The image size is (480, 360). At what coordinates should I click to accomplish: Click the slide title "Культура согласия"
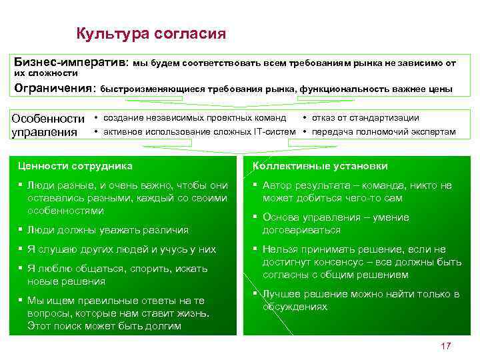151,33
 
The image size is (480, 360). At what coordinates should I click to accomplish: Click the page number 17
446,346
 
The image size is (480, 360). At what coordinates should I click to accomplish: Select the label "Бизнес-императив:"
71,63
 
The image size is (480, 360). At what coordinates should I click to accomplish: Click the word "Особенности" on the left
48,119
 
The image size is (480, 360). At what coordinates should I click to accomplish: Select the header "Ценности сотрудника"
75,166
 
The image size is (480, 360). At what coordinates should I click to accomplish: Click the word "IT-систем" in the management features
274,131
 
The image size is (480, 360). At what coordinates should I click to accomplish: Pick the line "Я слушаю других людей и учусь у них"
121,249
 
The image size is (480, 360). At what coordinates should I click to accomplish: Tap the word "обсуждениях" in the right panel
295,307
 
